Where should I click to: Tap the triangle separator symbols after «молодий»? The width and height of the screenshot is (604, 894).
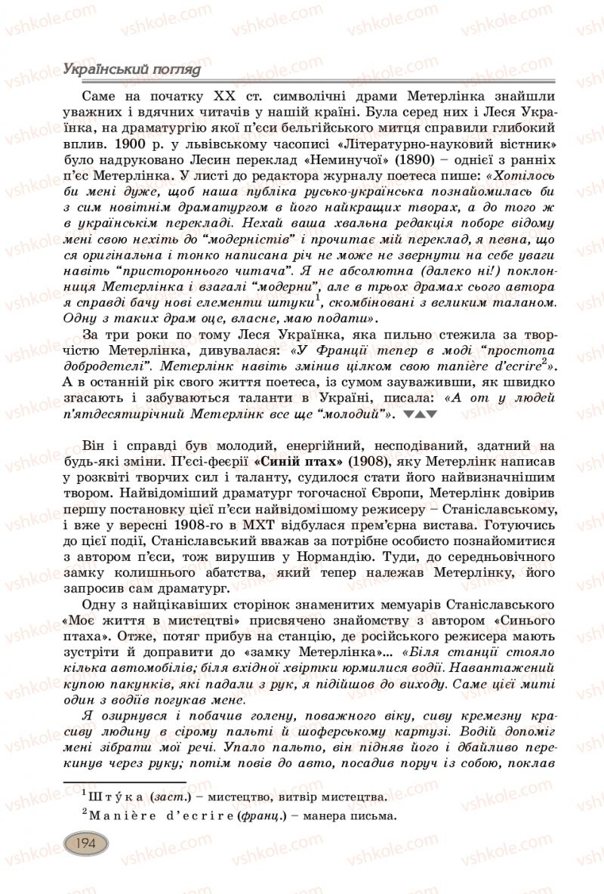[x=421, y=415]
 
